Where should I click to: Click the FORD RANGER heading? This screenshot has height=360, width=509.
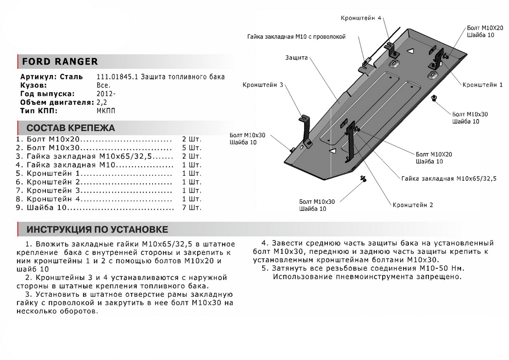pyautogui.click(x=59, y=62)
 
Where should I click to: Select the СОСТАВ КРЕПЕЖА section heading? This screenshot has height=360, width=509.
pyautogui.click(x=70, y=128)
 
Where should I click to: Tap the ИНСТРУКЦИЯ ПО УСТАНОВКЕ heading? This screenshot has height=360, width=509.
pyautogui.click(x=97, y=230)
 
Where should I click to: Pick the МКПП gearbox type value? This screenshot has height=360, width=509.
pyautogui.click(x=105, y=111)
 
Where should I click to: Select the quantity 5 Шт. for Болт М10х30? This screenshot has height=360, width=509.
pyautogui.click(x=192, y=148)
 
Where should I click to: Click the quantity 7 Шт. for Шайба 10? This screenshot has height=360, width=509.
pyautogui.click(x=192, y=208)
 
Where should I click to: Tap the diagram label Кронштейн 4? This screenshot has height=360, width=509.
pyautogui.click(x=361, y=18)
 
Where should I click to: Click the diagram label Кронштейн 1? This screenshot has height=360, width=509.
pyautogui.click(x=482, y=85)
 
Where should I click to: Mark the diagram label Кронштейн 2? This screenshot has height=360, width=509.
pyautogui.click(x=413, y=205)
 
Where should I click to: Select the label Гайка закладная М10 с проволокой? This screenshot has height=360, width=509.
pyautogui.click(x=296, y=37)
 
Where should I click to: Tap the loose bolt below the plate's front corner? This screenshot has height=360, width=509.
pyautogui.click(x=364, y=178)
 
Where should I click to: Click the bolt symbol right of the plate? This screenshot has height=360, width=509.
pyautogui.click(x=434, y=99)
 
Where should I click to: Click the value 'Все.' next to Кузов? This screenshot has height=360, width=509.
pyautogui.click(x=103, y=85)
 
